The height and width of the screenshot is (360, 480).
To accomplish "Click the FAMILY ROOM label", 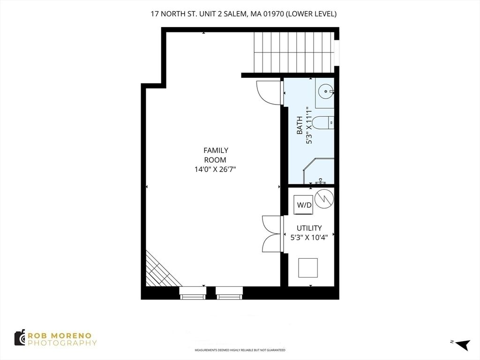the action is [x=216, y=155].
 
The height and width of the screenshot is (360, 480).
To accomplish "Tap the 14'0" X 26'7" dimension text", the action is [x=216, y=169].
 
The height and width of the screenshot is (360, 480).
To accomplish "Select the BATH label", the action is [x=300, y=125].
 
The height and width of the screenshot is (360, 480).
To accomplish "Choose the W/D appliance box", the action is [x=304, y=204].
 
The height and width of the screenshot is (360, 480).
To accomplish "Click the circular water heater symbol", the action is [x=324, y=199].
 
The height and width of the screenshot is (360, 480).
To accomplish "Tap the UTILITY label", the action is [x=309, y=228].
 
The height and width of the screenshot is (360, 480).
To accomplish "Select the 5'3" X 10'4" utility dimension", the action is [x=309, y=237].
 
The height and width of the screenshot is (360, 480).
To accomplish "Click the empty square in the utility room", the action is [x=308, y=268].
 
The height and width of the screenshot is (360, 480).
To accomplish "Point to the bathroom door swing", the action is [x=268, y=92].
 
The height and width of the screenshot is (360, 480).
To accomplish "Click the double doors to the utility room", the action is [x=272, y=234].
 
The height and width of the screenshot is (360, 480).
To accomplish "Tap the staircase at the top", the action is [x=293, y=52].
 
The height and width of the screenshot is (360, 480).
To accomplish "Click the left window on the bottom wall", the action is [x=193, y=293].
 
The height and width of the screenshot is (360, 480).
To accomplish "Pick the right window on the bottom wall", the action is [x=229, y=293].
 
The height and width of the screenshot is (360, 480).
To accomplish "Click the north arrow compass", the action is [x=462, y=344].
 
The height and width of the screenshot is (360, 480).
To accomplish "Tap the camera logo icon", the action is [x=20, y=337].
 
